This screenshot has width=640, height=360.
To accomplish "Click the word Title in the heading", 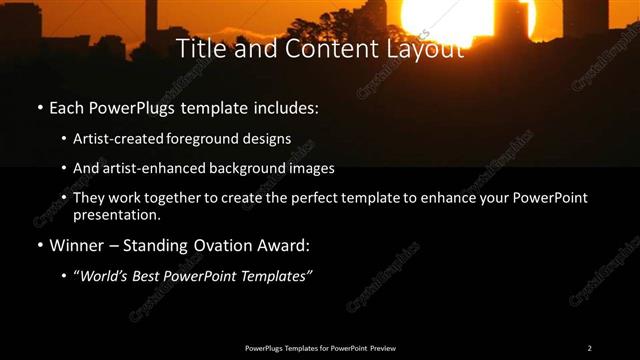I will [199, 48].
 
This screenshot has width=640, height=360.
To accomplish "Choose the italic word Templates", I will [274, 276].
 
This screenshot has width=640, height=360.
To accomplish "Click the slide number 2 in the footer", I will [589, 348].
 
